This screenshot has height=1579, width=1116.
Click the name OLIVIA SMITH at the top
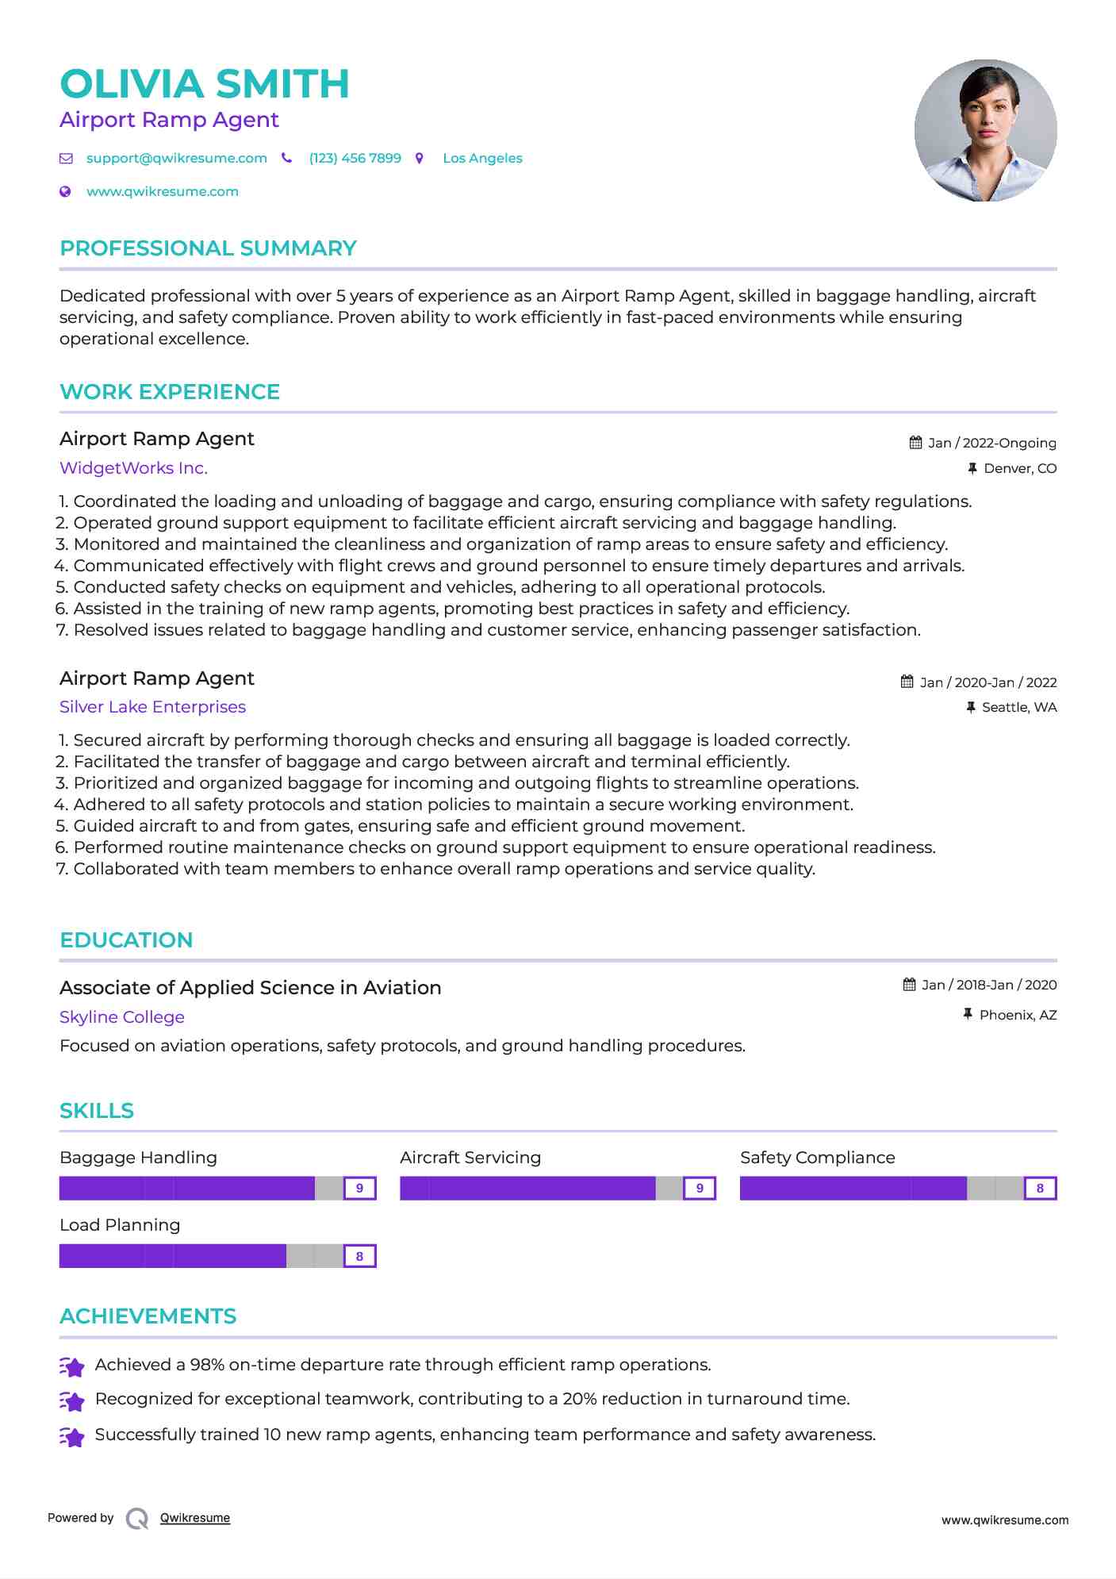pyautogui.click(x=205, y=84)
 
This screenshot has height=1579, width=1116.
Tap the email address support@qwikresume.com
pyautogui.click(x=176, y=158)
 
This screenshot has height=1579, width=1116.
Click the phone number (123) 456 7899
pyautogui.click(x=355, y=158)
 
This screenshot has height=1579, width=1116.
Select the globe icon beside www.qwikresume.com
pyautogui.click(x=66, y=191)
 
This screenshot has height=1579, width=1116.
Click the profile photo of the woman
pyautogui.click(x=985, y=131)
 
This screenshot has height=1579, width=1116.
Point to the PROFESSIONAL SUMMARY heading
pyautogui.click(x=208, y=248)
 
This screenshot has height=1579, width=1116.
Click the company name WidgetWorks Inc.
pyautogui.click(x=133, y=468)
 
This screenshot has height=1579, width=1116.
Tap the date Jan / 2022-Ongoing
pyautogui.click(x=991, y=443)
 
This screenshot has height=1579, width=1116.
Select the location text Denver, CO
pyautogui.click(x=1020, y=468)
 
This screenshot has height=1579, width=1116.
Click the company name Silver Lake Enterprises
pyautogui.click(x=152, y=707)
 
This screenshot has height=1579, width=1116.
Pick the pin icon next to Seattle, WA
pyautogui.click(x=971, y=707)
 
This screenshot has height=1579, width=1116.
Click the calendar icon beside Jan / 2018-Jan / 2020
pyautogui.click(x=910, y=985)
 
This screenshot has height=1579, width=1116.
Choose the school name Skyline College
pyautogui.click(x=121, y=1017)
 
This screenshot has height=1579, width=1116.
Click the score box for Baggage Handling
pyautogui.click(x=359, y=1188)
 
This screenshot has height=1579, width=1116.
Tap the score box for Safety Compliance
pyautogui.click(x=1040, y=1188)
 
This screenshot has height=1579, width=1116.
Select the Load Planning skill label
pyautogui.click(x=120, y=1225)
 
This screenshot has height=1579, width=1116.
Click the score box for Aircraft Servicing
pyautogui.click(x=700, y=1188)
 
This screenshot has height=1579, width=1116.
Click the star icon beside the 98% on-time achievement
pyautogui.click(x=72, y=1366)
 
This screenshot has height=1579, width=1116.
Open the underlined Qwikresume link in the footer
pyautogui.click(x=195, y=1518)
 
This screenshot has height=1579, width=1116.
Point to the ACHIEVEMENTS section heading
pyautogui.click(x=148, y=1316)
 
